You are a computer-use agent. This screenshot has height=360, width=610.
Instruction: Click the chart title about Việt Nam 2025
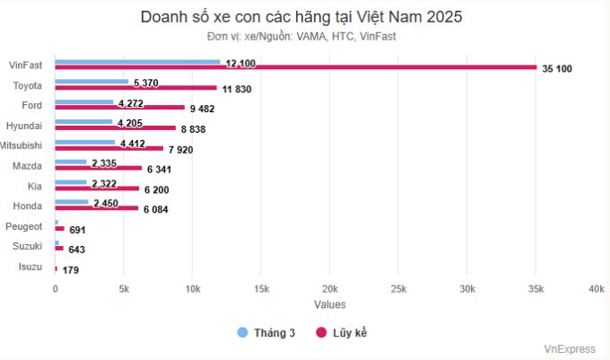click(301, 17)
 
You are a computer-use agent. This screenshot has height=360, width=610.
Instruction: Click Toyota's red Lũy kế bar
click(135, 88)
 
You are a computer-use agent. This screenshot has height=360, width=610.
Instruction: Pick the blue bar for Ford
click(84, 102)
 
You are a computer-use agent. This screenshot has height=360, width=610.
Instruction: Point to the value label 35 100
click(557, 69)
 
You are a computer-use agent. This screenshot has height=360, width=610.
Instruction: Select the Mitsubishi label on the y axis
click(21, 145)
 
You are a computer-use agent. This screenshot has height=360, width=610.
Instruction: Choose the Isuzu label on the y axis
click(30, 267)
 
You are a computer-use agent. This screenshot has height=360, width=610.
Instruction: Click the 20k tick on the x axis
click(329, 289)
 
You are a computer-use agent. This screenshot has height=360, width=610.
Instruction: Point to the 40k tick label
click(596, 289)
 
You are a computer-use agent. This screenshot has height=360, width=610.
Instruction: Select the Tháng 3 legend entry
click(266, 333)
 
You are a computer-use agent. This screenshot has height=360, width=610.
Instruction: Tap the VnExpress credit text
click(569, 349)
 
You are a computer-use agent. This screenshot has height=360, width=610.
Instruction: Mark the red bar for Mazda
click(99, 168)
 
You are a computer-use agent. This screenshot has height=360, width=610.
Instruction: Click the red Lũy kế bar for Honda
click(97, 208)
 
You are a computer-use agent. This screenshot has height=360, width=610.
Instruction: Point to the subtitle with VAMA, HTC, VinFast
click(301, 37)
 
